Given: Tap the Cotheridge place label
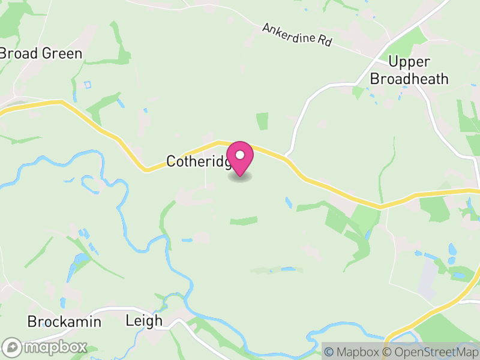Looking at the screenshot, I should [198, 161].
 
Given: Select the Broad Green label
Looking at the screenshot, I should [40, 53].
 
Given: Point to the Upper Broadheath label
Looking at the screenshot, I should [409, 70].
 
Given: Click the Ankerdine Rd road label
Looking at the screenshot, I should [297, 35].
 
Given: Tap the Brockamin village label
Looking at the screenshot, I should [64, 322].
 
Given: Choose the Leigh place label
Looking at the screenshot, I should [144, 320].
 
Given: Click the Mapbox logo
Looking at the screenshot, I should [45, 347].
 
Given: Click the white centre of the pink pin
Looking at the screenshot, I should [240, 154].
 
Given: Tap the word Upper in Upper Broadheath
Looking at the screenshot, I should [409, 62].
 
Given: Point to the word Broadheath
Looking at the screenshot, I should [409, 79].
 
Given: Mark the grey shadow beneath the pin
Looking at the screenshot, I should [240, 177].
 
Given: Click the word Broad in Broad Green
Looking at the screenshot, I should [19, 53].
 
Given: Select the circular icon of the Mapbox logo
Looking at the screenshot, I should [12, 347].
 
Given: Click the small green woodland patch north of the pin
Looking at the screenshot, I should [262, 121].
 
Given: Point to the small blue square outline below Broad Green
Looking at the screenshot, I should [88, 85].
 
